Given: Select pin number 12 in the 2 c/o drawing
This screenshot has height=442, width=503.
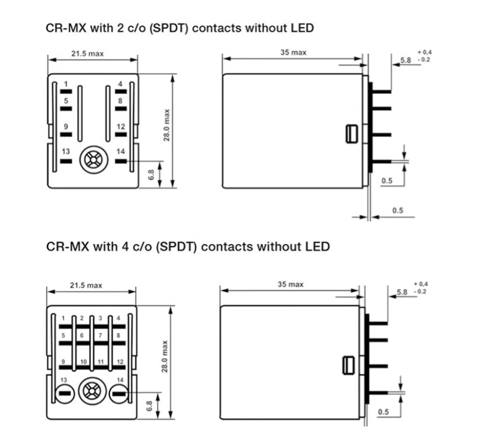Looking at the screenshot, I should coord(120,134).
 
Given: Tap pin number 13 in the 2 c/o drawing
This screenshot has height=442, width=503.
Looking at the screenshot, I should coord(66,160).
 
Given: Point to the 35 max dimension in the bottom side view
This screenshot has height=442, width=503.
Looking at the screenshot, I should coord(290,284).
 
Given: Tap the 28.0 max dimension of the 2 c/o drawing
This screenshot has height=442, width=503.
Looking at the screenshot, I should coord(167,124).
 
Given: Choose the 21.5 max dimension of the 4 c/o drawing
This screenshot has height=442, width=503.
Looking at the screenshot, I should coord(86,285).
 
